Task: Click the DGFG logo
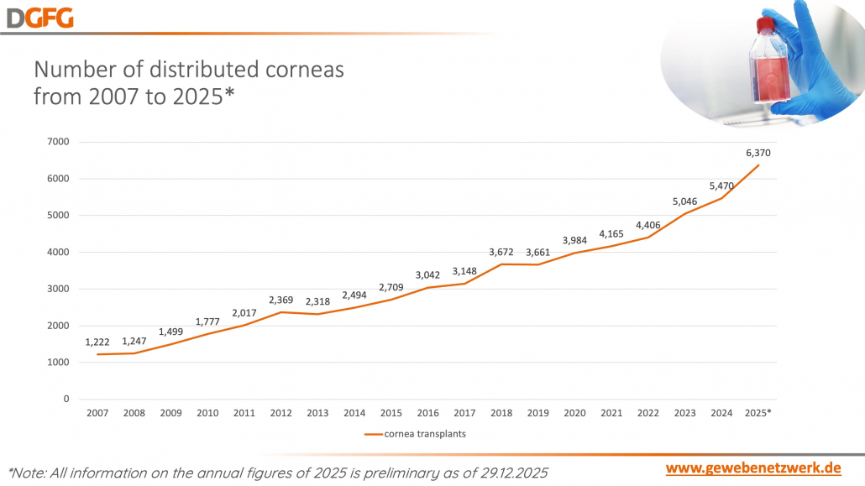[x=38, y=16]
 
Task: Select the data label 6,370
[x=758, y=154]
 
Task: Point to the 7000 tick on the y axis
[x=58, y=142]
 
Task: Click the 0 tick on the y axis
[x=66, y=400]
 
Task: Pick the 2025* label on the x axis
[x=758, y=413]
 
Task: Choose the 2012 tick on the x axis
[x=281, y=413]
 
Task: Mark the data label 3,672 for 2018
[x=501, y=252]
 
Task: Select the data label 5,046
[x=684, y=201]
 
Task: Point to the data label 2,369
[x=281, y=300]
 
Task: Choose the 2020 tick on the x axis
[x=575, y=413]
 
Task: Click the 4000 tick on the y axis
[x=58, y=252]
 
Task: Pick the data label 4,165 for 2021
[x=611, y=233]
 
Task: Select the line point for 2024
[x=721, y=198]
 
